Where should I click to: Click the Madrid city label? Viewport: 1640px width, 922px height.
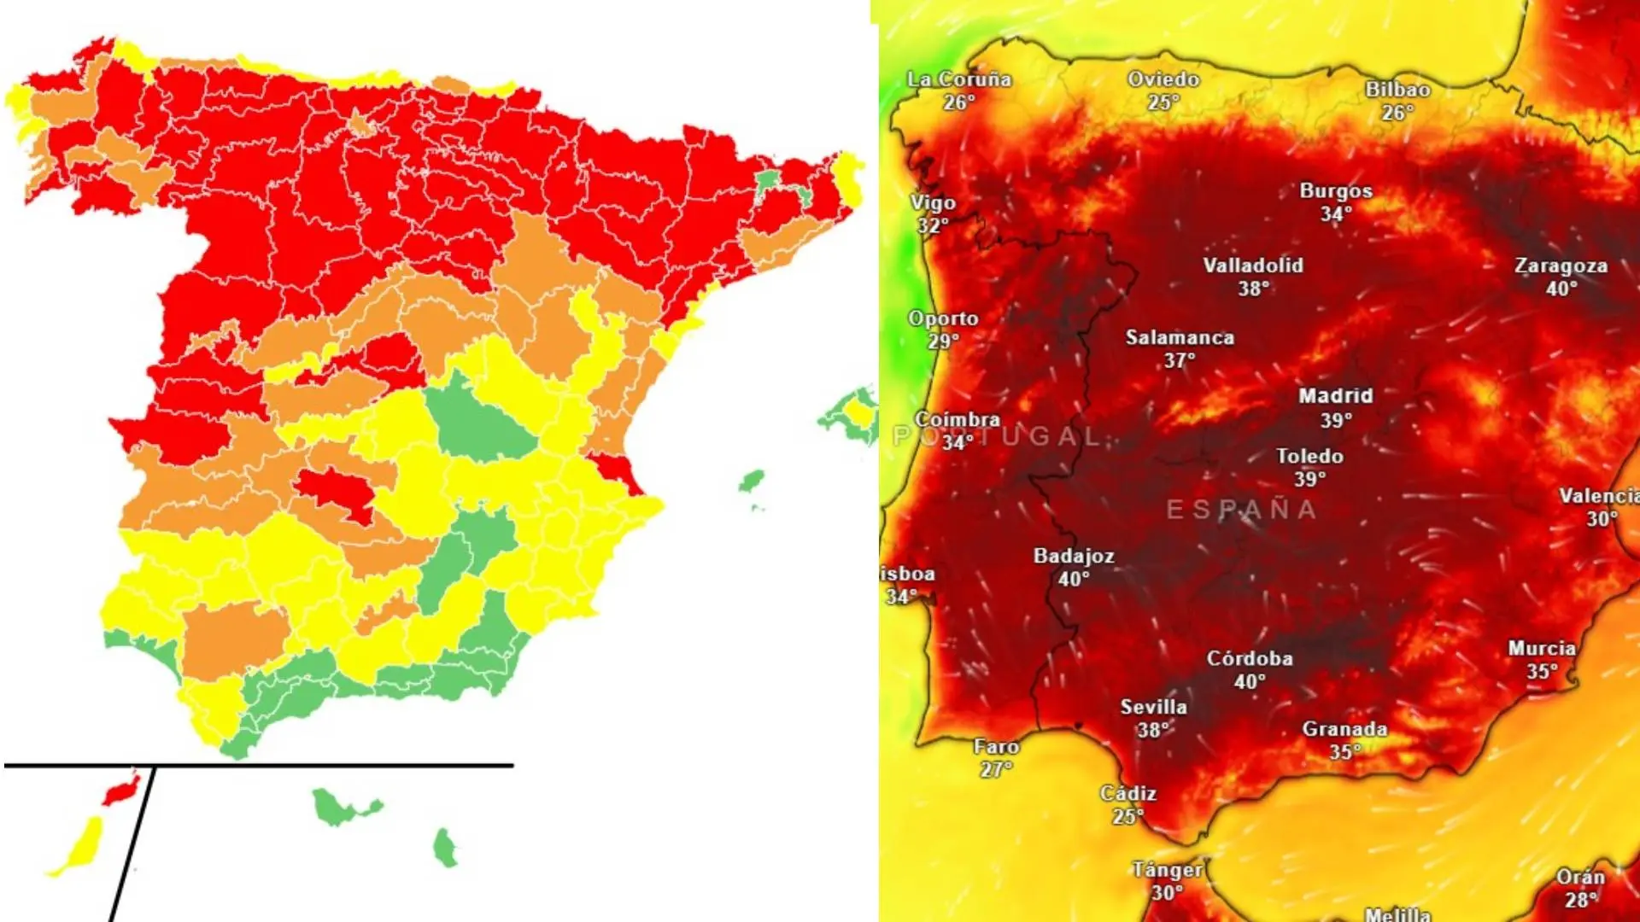[x=1335, y=396]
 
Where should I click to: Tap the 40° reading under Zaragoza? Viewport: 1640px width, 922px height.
[x=1561, y=289]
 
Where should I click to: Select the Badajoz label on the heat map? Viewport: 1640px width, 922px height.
[x=1074, y=556]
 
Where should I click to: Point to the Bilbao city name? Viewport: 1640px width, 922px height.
[x=1397, y=89]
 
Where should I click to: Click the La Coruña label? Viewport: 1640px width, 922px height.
[x=958, y=79]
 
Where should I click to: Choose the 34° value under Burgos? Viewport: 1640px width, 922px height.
[x=1336, y=214]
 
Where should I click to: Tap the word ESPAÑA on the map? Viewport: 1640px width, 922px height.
[x=1241, y=510]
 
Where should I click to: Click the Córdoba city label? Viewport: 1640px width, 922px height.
[x=1249, y=658]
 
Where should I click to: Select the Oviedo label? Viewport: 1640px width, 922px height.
[x=1163, y=79]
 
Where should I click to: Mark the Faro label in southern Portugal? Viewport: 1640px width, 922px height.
[x=996, y=747]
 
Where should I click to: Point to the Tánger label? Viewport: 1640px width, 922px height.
[x=1167, y=870]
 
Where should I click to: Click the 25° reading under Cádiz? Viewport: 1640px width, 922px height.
[x=1127, y=817]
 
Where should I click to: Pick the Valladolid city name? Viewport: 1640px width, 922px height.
[x=1253, y=266]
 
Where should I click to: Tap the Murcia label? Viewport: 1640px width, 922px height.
[x=1541, y=648]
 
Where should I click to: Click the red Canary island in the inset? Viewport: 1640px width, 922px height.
[x=120, y=788]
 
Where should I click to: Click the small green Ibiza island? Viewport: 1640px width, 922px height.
[x=751, y=481]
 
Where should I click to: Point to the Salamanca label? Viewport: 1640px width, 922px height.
[x=1180, y=337]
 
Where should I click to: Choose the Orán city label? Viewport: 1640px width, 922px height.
[x=1580, y=877]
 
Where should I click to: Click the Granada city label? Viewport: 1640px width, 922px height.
[x=1344, y=729]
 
